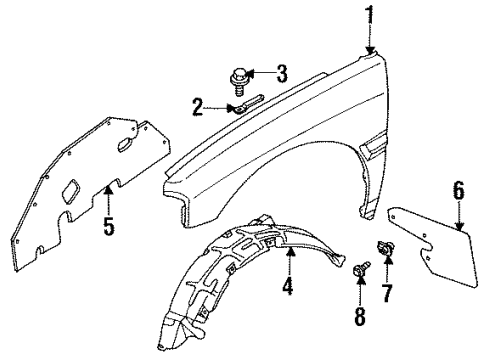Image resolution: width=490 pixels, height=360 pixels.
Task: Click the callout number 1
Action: (x=371, y=15)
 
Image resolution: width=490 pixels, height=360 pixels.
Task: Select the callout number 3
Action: (x=282, y=74)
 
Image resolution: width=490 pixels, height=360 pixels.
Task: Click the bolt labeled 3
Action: (x=240, y=75)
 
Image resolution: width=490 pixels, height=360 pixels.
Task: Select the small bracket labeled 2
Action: (x=245, y=104)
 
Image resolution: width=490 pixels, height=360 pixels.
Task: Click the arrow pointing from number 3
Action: (x=262, y=74)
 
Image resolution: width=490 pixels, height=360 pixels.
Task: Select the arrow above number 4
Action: (x=290, y=263)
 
